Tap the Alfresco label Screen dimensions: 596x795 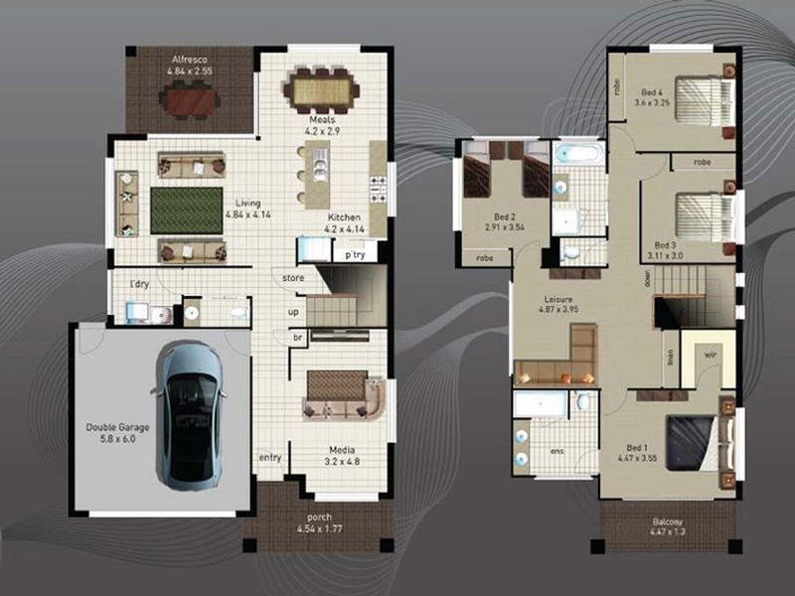(189, 66)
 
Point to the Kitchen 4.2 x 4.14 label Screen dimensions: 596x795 (344, 223)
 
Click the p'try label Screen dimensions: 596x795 (355, 255)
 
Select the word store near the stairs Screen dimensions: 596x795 (292, 277)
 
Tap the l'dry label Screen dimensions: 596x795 (139, 285)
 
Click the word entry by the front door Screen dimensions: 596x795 (269, 457)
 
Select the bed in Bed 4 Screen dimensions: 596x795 (703, 98)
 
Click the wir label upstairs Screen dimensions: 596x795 (711, 352)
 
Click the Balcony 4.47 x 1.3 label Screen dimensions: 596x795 (666, 526)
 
